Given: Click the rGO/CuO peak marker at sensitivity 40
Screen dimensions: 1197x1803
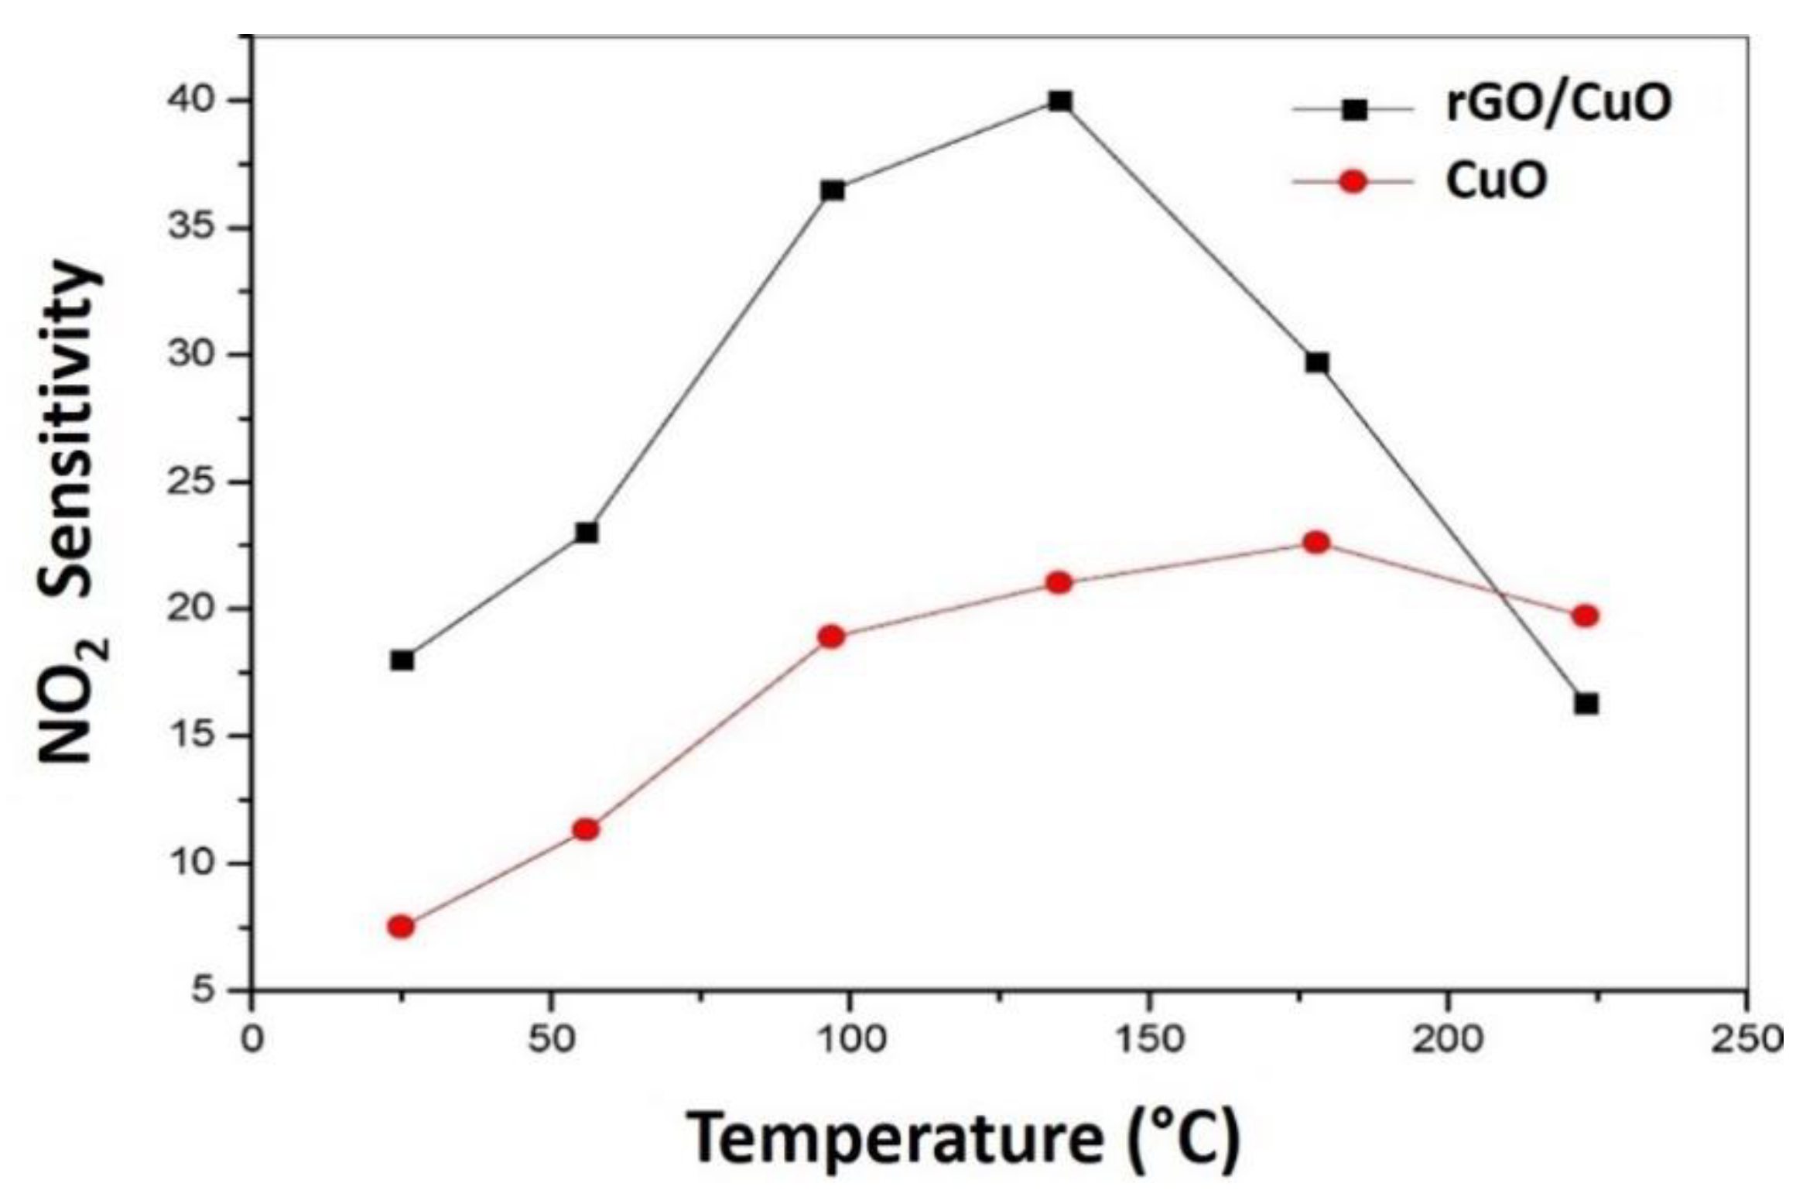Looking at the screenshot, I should click(1060, 101).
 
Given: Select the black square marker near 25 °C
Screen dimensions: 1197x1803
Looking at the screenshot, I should click(402, 660).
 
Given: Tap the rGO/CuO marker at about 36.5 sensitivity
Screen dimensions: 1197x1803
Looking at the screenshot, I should click(833, 190).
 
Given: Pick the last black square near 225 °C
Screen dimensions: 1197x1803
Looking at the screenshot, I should click(1586, 704).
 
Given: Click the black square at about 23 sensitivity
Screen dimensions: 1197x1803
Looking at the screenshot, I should click(587, 533).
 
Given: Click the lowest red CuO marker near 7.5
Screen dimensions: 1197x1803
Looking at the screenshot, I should click(401, 927).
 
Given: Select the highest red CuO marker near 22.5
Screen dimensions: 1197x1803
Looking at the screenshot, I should click(1316, 542).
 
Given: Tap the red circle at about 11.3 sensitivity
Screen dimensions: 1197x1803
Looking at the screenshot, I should click(586, 829).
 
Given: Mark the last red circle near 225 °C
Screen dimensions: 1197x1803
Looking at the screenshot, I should click(1585, 616).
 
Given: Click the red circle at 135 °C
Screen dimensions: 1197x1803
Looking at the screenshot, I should click(1059, 582).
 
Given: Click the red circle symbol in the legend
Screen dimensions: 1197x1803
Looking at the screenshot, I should click(1353, 182).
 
